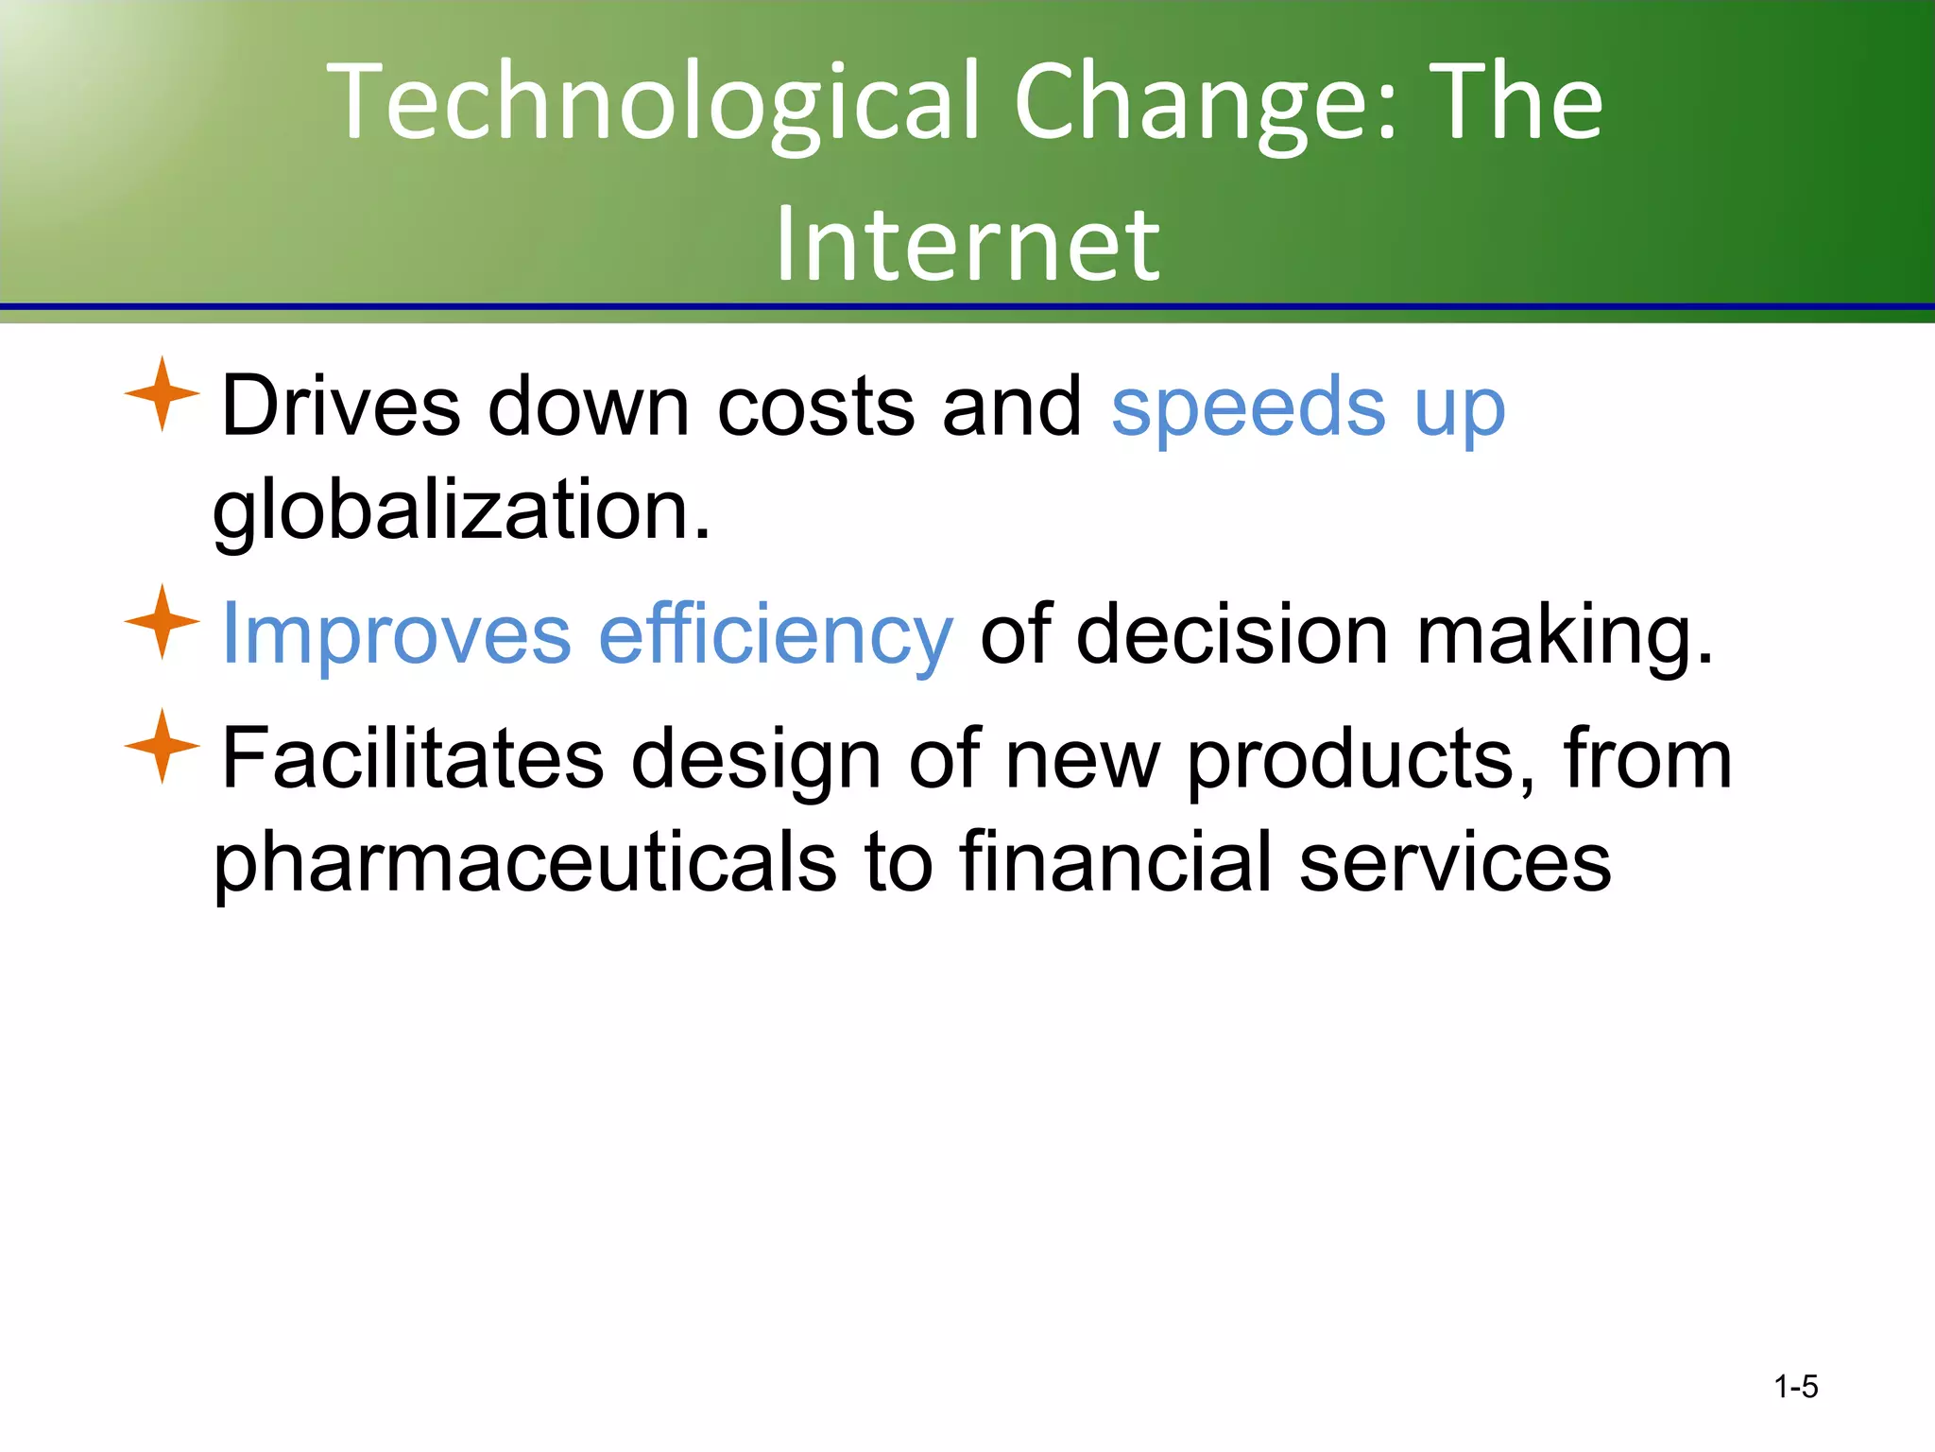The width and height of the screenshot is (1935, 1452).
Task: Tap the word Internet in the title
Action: click(967, 244)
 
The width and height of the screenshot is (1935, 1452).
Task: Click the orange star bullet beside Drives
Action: click(162, 394)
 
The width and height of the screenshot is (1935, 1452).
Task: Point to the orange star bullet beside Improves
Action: click(162, 622)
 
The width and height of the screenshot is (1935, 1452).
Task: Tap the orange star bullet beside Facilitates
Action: click(162, 746)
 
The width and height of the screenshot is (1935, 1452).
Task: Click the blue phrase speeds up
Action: click(1308, 408)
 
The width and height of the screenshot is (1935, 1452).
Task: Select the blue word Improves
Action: click(396, 635)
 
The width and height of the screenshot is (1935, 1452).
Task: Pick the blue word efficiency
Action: click(776, 635)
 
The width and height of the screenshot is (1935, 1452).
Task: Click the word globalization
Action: click(461, 510)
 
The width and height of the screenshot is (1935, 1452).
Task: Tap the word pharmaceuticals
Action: click(525, 862)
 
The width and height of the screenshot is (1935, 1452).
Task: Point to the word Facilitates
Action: click(412, 758)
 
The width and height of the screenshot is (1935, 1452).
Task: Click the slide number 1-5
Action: click(1795, 1387)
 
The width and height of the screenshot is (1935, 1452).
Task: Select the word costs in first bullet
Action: click(816, 406)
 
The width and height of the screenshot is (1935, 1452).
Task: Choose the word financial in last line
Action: click(1115, 862)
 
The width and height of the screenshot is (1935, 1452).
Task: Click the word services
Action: click(1455, 862)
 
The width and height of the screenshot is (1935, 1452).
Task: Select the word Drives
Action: click(340, 406)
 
